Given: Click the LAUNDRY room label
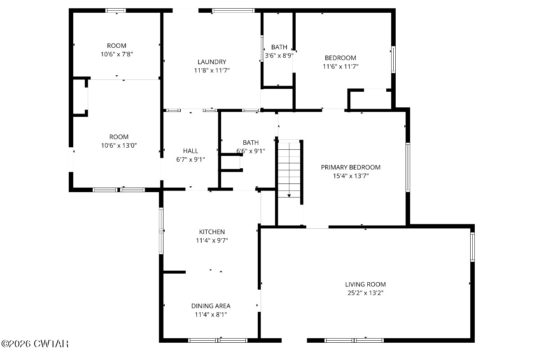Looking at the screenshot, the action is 212,62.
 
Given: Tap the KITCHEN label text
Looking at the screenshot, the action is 212,232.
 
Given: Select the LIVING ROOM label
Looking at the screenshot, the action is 365,284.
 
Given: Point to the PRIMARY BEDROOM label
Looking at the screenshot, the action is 350,167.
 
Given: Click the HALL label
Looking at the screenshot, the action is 190,151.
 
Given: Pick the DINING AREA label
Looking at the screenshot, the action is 211,306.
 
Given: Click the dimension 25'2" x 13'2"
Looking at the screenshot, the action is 365,293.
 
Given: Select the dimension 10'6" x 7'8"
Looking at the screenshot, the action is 117,54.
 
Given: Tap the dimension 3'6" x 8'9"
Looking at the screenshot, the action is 279,56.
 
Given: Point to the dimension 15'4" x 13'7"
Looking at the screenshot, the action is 350,176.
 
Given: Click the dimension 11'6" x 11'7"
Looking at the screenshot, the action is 341,66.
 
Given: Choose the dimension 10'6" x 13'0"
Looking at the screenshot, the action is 119,146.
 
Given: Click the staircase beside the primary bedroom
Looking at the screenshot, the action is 289,169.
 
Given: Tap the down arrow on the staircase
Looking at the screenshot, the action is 289,196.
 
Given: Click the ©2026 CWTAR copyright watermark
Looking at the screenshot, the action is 35,344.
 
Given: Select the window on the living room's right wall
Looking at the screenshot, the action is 472,247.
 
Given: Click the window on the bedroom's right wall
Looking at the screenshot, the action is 393,59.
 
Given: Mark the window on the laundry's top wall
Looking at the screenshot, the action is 233,11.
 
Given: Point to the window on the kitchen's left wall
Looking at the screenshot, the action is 161,231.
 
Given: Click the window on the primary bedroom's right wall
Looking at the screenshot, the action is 408,167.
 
